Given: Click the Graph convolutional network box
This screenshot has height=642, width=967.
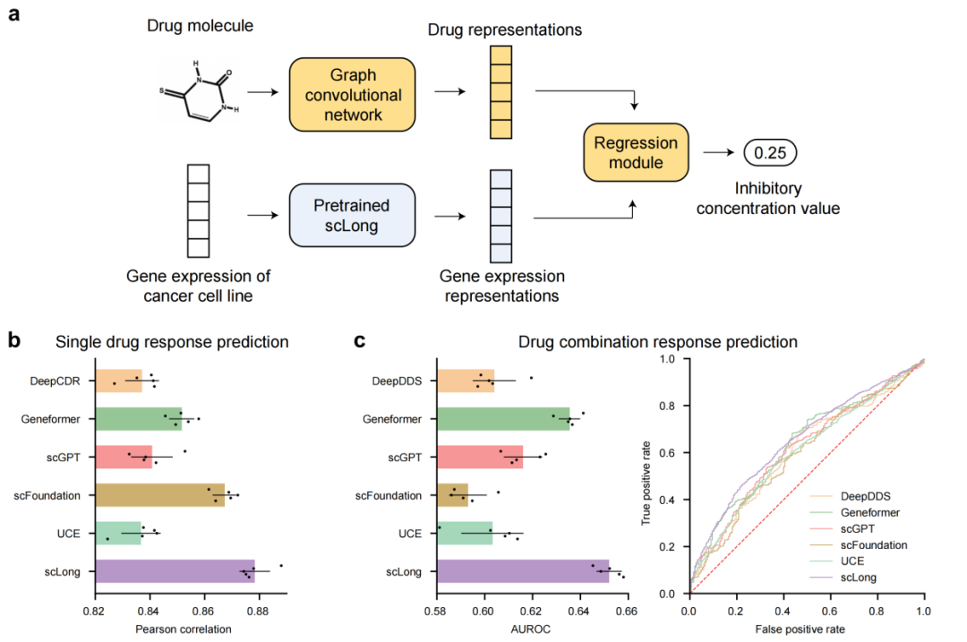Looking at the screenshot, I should point(352,94).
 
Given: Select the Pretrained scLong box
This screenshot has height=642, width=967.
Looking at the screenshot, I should point(352,215).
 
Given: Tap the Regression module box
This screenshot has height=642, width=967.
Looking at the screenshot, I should point(636,152).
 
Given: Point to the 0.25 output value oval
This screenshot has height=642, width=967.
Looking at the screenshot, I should point(770,153).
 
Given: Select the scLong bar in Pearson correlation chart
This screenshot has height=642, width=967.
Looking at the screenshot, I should point(175,571).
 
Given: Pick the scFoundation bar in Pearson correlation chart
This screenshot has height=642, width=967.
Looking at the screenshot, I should point(159,495).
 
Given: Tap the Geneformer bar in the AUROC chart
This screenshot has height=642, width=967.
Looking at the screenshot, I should point(503,418).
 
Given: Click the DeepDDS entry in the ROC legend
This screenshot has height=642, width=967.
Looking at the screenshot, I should point(863,495).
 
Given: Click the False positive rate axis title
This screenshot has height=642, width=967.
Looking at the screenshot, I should point(806,629).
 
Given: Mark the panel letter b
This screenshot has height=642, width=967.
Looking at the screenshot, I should point(14,340).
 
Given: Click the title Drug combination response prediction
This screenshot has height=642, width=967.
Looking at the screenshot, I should point(658,341).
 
